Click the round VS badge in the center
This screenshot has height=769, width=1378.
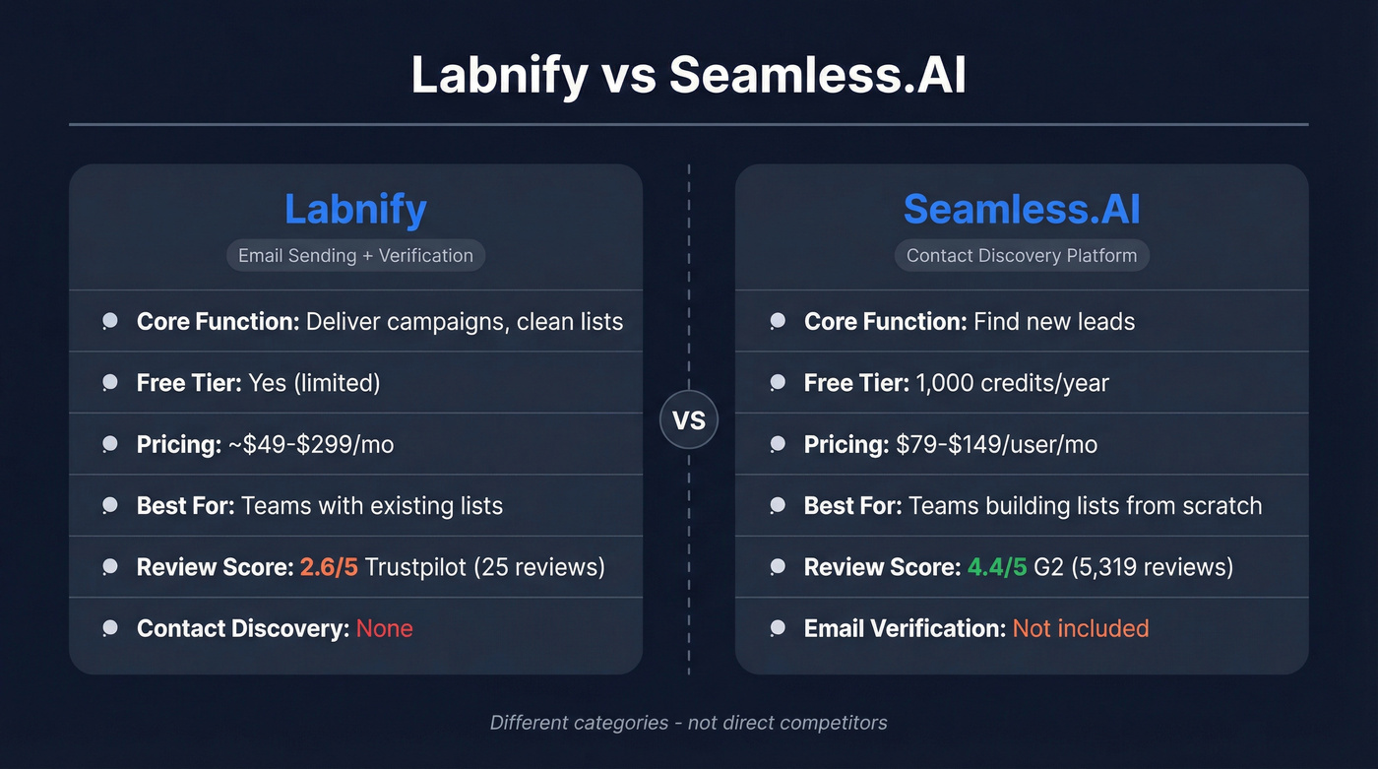(689, 420)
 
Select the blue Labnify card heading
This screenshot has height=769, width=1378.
(355, 209)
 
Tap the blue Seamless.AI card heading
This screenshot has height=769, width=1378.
(1022, 209)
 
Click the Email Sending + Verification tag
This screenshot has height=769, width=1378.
(355, 256)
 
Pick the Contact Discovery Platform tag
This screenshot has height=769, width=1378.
(1022, 256)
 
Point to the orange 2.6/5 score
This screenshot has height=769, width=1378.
(329, 567)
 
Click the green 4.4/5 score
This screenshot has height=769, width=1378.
(996, 567)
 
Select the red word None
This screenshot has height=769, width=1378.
(384, 628)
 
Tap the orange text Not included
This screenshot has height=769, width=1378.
(1080, 628)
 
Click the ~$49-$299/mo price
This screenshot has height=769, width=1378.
(311, 445)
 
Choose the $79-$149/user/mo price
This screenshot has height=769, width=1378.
(996, 445)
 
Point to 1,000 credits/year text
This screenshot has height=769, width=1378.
(1013, 383)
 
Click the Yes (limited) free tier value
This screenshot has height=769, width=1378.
(314, 383)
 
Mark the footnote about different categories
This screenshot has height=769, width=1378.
(689, 723)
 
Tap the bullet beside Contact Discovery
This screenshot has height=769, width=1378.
(110, 628)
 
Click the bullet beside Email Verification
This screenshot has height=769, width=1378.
(778, 628)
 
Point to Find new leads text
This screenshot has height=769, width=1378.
(1053, 322)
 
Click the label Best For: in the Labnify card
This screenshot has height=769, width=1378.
(185, 506)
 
